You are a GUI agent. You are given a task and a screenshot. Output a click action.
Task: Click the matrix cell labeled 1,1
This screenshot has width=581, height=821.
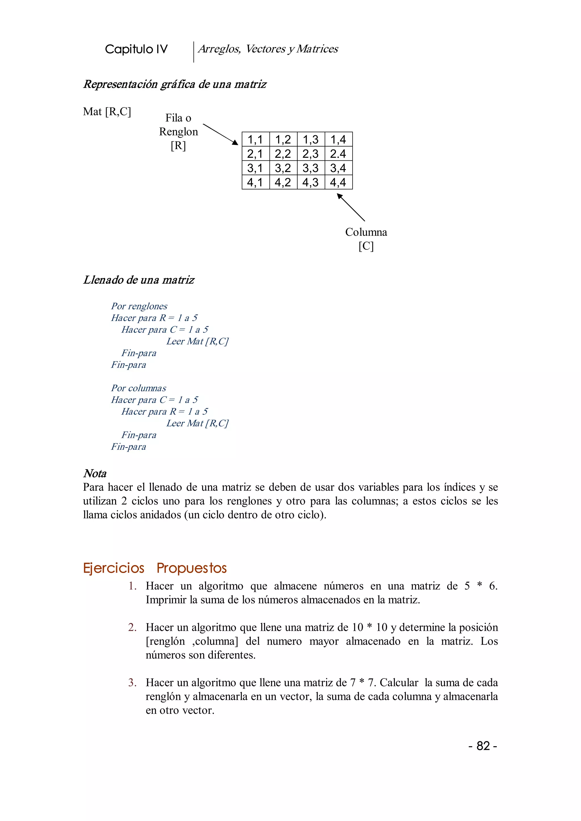point(255,139)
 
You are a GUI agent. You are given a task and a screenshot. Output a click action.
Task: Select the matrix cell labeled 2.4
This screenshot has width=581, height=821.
point(338,153)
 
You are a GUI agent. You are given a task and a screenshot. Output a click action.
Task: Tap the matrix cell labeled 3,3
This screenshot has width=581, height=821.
point(311,168)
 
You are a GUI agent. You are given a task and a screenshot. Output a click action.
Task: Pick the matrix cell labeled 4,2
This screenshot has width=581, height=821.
point(283,182)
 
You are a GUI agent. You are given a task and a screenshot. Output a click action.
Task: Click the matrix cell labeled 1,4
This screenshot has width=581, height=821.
point(338,139)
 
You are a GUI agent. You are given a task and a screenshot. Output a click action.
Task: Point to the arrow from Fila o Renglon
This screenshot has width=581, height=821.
point(220,134)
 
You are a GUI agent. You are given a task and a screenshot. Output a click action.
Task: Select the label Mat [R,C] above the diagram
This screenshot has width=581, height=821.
point(107,112)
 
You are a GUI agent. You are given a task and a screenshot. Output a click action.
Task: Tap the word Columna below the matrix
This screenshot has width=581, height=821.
point(366,232)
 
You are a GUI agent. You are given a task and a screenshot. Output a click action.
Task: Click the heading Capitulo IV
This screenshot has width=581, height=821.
point(136,49)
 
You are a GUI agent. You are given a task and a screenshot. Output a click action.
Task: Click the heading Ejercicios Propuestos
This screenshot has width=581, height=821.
point(155,568)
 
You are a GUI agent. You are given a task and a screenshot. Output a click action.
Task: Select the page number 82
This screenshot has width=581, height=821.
point(483,746)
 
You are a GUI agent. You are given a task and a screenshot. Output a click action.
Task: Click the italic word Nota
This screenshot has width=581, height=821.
point(95,473)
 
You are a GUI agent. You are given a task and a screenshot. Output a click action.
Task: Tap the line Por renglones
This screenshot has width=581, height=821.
point(139,306)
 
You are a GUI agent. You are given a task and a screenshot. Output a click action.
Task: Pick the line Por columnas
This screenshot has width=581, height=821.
point(138,388)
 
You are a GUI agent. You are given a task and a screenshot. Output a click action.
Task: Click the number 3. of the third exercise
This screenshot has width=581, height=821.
point(132,683)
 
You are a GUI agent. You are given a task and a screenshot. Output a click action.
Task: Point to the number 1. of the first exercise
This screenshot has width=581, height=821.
point(133,586)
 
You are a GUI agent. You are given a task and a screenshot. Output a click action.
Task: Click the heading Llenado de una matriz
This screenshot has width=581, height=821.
point(139,280)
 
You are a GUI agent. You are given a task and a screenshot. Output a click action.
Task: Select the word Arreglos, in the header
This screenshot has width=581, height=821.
point(219,49)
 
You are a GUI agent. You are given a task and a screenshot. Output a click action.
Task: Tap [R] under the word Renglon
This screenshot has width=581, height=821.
point(178,145)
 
